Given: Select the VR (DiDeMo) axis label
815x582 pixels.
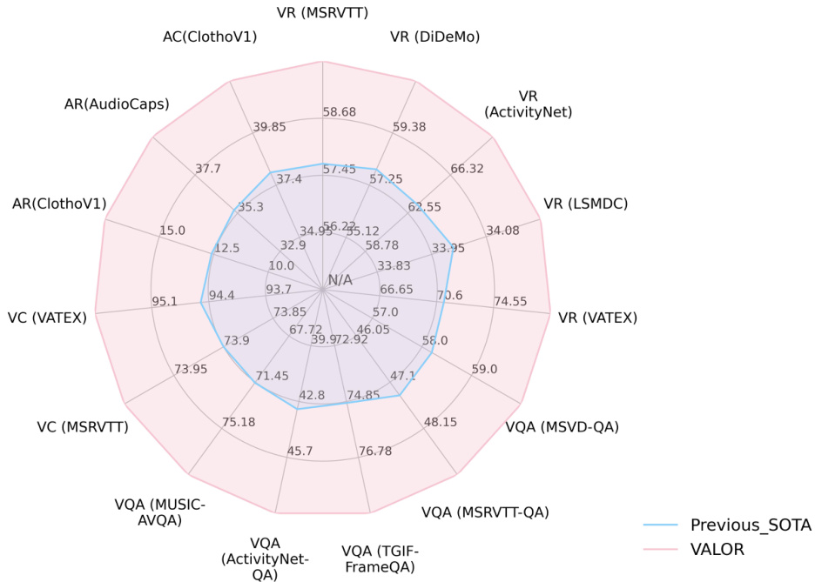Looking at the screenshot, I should pos(434,36).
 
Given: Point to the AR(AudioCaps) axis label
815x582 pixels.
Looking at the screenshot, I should pos(116,104).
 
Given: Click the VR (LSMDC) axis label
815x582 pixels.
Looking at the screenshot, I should pos(585,204).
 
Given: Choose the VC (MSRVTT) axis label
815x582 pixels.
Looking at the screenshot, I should pos(82,426).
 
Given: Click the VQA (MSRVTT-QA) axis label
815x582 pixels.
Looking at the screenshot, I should pos(485,512).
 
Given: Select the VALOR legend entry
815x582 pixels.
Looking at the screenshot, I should pos(722,550).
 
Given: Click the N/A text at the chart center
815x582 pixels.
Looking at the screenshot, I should pos(340,280).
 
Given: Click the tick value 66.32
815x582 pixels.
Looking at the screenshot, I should pos(468,169).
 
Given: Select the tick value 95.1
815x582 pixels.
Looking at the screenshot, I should pos(165,302).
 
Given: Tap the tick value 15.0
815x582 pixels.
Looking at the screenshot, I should pos(172,231).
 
